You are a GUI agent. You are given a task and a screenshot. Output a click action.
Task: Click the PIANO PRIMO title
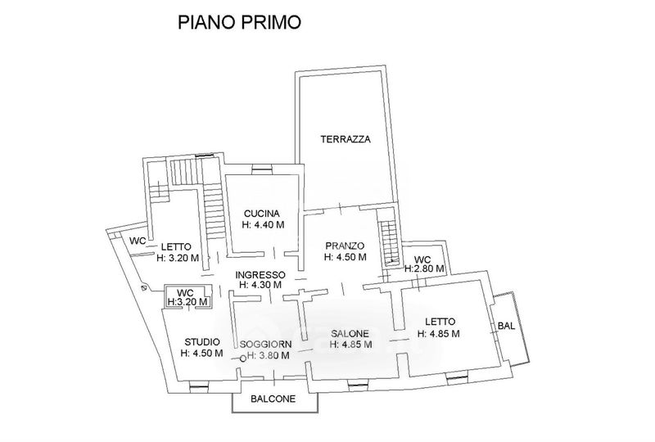tap(239, 22)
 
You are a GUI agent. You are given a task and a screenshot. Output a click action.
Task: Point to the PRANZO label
tap(344, 246)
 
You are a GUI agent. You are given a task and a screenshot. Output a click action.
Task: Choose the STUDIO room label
tap(201, 342)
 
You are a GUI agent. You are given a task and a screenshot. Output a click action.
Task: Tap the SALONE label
tap(350, 334)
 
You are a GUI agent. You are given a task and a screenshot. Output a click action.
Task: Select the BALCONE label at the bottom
tap(274, 401)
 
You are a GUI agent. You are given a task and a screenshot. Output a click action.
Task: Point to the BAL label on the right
tap(506, 326)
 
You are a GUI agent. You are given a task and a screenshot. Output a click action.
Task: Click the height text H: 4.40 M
tap(263, 224)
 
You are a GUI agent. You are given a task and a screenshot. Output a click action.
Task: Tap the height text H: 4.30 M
tap(260, 286)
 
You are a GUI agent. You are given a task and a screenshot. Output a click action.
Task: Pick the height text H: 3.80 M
tap(269, 355)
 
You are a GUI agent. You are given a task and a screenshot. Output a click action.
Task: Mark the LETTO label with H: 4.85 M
tap(439, 322)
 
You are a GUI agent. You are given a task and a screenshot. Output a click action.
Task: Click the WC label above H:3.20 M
tap(185, 292)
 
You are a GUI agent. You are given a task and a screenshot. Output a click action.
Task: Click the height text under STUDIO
tap(201, 354)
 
